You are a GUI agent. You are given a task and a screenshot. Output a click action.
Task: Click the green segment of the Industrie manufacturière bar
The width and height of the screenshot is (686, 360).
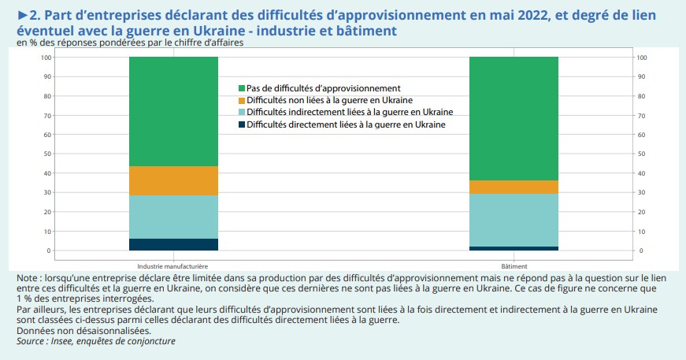[x=173, y=111]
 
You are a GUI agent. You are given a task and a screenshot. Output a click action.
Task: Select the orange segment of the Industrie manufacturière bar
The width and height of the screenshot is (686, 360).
[x=173, y=180]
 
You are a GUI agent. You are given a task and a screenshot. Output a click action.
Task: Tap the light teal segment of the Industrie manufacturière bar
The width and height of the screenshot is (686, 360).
[x=173, y=217]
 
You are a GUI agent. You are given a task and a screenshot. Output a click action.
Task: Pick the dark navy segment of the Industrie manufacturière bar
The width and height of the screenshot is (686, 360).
[x=173, y=244]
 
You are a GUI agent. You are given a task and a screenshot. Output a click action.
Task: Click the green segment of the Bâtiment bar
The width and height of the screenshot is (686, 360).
[x=513, y=118]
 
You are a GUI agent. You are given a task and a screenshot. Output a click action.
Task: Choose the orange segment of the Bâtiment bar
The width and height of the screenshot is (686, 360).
[x=513, y=187]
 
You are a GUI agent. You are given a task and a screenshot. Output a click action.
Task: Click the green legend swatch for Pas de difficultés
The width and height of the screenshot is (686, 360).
[x=242, y=88]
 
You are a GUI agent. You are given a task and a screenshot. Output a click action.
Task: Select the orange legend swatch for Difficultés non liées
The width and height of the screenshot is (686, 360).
[x=242, y=101]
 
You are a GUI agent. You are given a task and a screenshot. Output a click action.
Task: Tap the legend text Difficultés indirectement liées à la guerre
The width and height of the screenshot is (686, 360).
[x=350, y=113]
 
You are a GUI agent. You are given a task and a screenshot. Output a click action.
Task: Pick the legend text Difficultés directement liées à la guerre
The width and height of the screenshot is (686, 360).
[x=346, y=124]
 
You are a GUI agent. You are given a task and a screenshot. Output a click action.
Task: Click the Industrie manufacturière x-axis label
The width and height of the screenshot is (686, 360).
[x=172, y=266]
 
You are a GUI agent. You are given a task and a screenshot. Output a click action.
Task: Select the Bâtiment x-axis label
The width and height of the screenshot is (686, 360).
[x=514, y=266]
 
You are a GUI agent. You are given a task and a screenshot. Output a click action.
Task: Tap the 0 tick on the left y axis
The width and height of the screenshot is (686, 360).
[x=48, y=251]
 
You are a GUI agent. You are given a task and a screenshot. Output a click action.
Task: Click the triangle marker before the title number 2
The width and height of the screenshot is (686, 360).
[x=22, y=15]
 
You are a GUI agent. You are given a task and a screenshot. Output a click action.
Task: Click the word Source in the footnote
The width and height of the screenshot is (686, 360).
[x=32, y=341]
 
